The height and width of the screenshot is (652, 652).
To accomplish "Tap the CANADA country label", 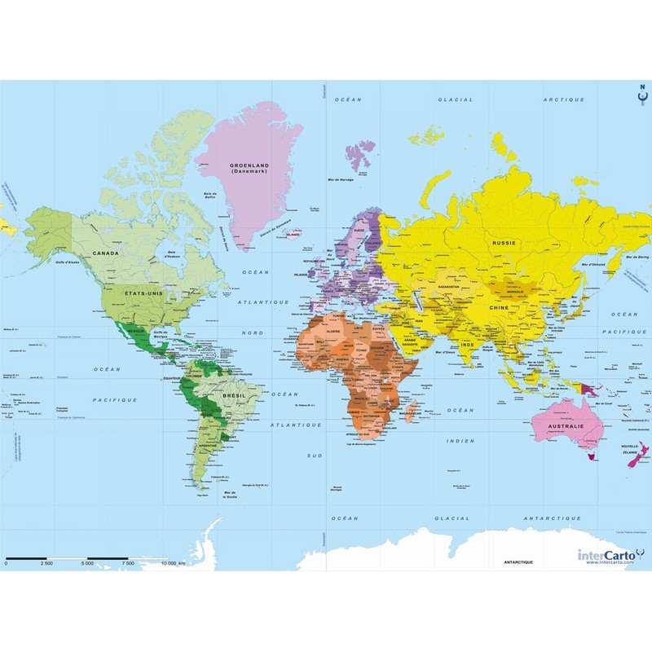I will pyautogui.click(x=107, y=253).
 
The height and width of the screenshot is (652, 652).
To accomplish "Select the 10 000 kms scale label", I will pyautogui.click(x=173, y=563).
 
